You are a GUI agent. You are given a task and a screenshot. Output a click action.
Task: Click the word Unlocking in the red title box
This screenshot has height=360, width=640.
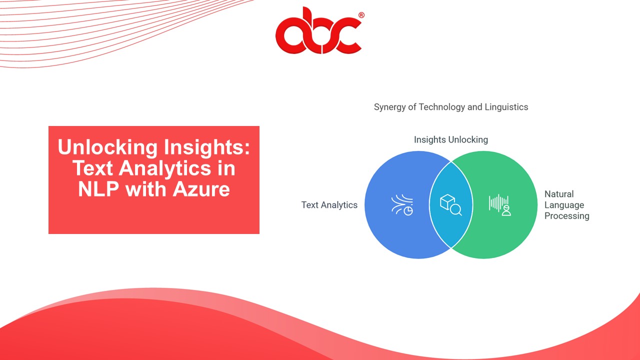107,147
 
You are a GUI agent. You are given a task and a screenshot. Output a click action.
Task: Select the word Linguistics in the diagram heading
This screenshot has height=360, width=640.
506,107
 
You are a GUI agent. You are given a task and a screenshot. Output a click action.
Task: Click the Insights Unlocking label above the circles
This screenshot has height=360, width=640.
450,139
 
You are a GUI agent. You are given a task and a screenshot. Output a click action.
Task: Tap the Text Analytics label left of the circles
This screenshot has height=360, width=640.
329,205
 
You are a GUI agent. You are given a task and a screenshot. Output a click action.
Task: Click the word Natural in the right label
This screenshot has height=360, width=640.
559,194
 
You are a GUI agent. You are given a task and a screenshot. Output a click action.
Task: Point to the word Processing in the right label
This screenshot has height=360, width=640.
567,216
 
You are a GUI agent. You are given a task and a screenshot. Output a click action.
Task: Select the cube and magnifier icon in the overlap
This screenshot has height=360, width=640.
450,205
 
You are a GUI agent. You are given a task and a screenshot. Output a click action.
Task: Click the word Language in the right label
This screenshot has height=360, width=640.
564,205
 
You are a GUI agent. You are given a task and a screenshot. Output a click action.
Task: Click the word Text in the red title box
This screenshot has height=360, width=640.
91,168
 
